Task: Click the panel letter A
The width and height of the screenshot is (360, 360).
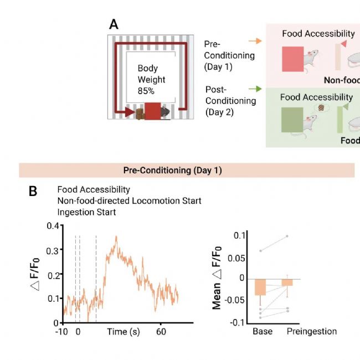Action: pyautogui.click(x=114, y=24)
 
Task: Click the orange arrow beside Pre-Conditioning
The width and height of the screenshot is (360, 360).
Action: pyautogui.click(x=254, y=41)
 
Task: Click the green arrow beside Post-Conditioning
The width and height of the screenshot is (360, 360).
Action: pyautogui.click(x=254, y=88)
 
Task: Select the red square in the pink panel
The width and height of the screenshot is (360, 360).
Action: pyautogui.click(x=292, y=60)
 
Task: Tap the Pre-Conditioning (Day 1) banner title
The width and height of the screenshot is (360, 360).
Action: pyautogui.click(x=172, y=170)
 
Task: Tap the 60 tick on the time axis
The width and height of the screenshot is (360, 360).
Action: pyautogui.click(x=161, y=332)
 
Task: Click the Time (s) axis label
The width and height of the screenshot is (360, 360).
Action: pyautogui.click(x=123, y=332)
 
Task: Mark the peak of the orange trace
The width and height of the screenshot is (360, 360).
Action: pyautogui.click(x=116, y=236)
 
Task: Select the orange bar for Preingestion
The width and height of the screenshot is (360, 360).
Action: pyautogui.click(x=287, y=282)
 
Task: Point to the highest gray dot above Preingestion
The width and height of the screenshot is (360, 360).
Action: pyautogui.click(x=287, y=236)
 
